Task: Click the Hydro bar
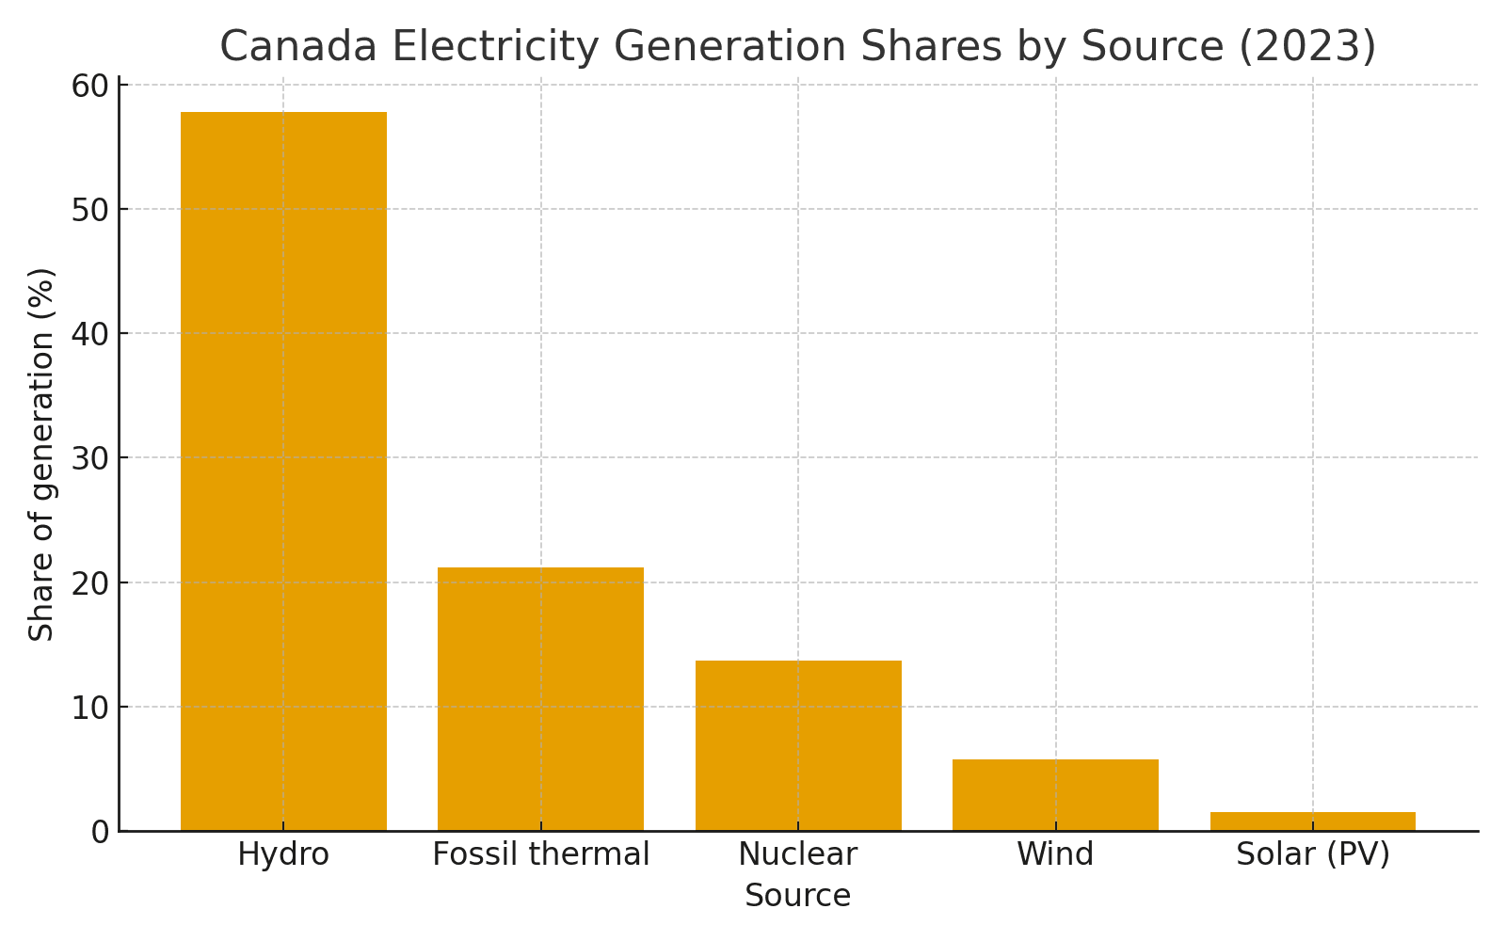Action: (283, 470)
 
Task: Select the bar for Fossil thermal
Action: (540, 698)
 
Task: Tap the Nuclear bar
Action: (798, 745)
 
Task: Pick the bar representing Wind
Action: (1055, 794)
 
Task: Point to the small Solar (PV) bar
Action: (1312, 821)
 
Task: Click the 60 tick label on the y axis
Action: (89, 86)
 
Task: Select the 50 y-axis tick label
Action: (89, 210)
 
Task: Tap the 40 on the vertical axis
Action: (89, 334)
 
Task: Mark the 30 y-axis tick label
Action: (89, 458)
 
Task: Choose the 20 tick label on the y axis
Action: (89, 582)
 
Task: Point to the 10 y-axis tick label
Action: (89, 708)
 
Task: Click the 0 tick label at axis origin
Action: (100, 832)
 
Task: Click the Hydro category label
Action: (283, 854)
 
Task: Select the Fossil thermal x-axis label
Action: (540, 854)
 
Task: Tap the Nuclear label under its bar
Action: (798, 854)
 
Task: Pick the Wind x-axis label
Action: (1055, 854)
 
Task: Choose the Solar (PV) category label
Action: (1312, 854)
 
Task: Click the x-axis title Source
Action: (797, 896)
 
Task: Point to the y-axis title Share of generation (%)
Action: (41, 455)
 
